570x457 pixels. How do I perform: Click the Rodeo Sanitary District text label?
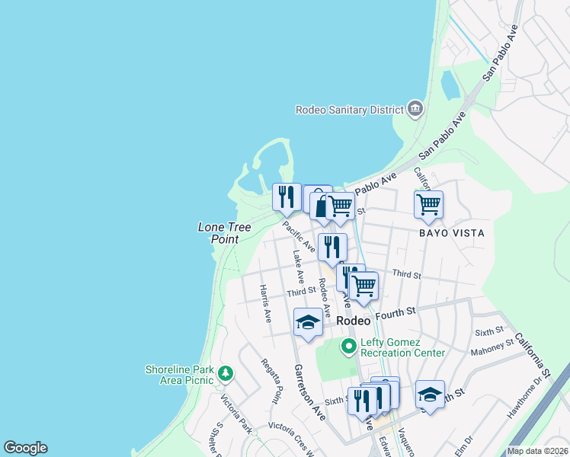(x=349, y=110)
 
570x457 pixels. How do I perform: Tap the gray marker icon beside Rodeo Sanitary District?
(x=415, y=109)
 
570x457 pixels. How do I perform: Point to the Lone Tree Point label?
(x=219, y=233)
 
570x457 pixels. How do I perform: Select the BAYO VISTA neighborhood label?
(x=452, y=232)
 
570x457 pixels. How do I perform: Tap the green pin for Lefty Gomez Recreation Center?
(x=349, y=347)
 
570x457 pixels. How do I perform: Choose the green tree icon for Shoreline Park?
(x=225, y=373)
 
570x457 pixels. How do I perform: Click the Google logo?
(x=25, y=448)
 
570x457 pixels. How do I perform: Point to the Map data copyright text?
(x=537, y=451)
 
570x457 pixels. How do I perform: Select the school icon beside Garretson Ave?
(x=308, y=322)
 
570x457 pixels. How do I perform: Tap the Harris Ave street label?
(x=264, y=303)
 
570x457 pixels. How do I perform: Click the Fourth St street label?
(x=399, y=312)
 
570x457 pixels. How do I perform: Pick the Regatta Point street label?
(x=271, y=381)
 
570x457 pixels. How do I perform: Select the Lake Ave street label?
(x=299, y=267)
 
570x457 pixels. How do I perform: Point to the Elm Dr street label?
(x=464, y=443)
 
